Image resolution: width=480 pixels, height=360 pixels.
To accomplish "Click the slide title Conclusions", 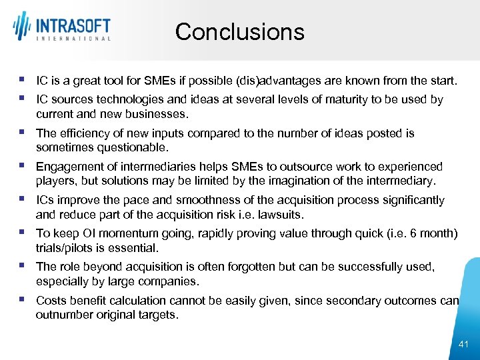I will [239, 31].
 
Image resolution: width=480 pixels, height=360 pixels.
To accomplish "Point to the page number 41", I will [464, 344].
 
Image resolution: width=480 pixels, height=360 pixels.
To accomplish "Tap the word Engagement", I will [67, 167].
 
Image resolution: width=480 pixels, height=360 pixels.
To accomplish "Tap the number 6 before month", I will [413, 233].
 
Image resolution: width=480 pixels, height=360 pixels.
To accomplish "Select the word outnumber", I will [62, 315].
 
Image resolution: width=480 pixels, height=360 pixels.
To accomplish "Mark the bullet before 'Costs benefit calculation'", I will [22, 299].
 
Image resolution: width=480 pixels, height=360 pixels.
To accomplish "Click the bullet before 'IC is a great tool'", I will [22, 80].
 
